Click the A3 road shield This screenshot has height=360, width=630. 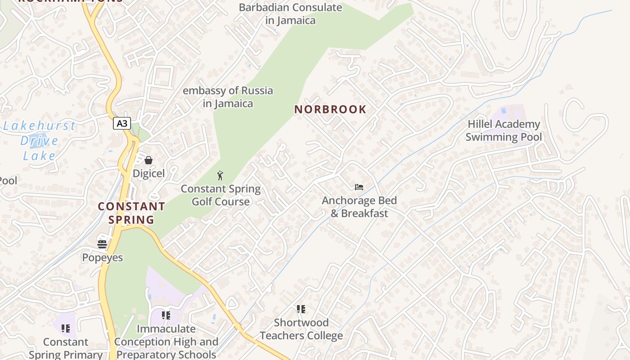pyautogui.click(x=121, y=123)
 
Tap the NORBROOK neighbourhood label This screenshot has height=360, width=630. pyautogui.click(x=330, y=109)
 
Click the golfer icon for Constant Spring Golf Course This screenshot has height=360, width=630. pyautogui.click(x=220, y=175)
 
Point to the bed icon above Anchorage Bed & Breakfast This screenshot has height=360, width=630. pyautogui.click(x=359, y=187)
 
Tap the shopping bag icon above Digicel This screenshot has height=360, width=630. pyautogui.click(x=148, y=160)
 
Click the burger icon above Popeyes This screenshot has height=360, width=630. pyautogui.click(x=102, y=244)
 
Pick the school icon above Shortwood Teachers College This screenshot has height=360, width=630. pyautogui.click(x=301, y=309)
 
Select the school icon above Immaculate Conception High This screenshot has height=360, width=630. pyautogui.click(x=166, y=315)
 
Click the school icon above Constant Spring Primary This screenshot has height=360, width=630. pyautogui.click(x=66, y=328)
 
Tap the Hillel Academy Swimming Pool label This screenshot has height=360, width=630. pyautogui.click(x=504, y=130)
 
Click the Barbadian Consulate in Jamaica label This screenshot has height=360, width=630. pyautogui.click(x=290, y=14)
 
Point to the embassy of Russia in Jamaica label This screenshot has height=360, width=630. pyautogui.click(x=228, y=97)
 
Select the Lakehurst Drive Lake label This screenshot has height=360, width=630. pyautogui.click(x=39, y=141)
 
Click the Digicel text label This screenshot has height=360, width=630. pyautogui.click(x=148, y=173)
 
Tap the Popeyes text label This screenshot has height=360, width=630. pyautogui.click(x=102, y=257)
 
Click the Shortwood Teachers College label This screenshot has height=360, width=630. pyautogui.click(x=301, y=329)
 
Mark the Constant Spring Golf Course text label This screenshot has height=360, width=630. pyautogui.click(x=220, y=195)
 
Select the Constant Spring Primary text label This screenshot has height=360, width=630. pyautogui.click(x=66, y=348)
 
